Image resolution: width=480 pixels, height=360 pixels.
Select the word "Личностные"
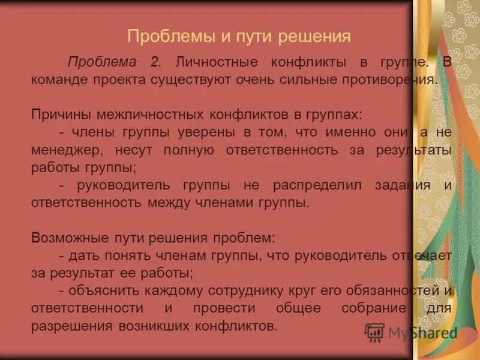217,62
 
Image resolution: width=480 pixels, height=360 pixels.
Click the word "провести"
221,308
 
